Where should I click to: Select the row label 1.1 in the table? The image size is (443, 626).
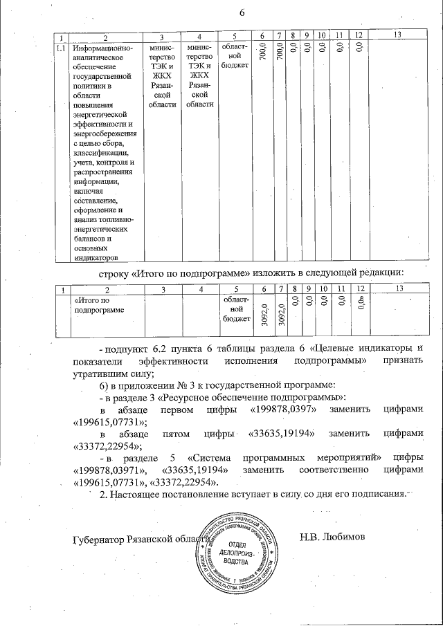(x=61, y=48)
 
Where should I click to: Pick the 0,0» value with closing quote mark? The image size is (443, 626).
(x=360, y=304)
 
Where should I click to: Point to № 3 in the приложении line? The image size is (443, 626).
(x=184, y=385)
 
